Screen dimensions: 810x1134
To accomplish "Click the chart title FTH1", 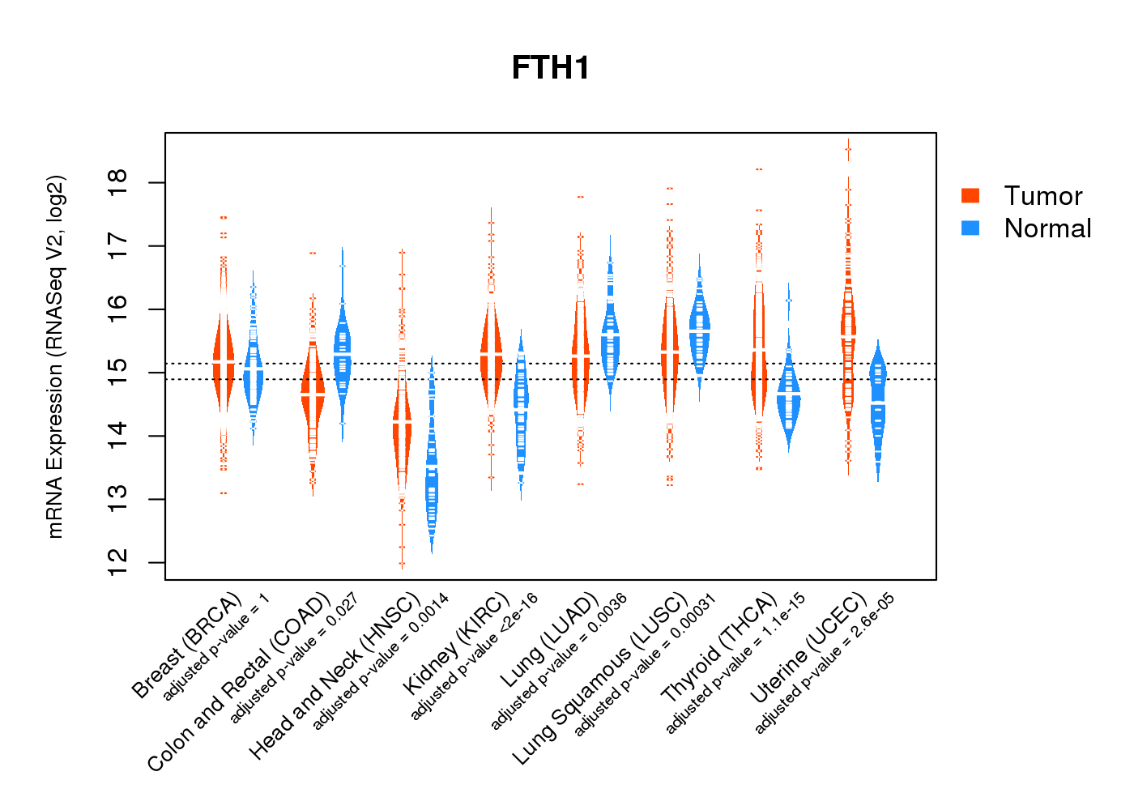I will click(x=550, y=68).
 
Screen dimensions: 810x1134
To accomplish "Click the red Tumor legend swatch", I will click(x=970, y=195).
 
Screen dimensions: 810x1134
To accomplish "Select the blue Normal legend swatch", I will click(x=970, y=228).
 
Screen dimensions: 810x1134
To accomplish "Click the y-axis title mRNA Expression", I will click(x=55, y=356).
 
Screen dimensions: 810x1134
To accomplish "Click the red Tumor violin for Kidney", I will click(x=491, y=356).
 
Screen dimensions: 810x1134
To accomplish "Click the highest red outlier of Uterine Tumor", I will click(x=848, y=149).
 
